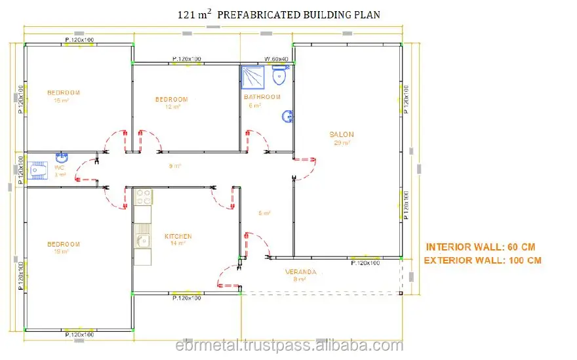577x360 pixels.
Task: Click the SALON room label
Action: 342,134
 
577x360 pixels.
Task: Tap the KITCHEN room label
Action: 178,236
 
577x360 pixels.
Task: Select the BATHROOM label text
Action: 262,97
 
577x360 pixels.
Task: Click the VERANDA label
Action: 300,271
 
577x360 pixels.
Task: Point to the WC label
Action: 59,167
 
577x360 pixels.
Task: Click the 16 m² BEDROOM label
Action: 64,92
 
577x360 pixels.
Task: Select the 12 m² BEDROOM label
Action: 171,100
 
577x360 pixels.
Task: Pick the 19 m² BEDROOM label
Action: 64,245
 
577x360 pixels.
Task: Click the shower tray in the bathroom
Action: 252,77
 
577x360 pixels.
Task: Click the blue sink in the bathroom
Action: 287,117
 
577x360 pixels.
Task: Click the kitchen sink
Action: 143,241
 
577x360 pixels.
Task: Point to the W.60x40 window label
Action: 277,59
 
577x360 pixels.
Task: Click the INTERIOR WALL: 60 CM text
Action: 481,247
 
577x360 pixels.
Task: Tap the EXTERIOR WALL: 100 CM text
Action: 483,260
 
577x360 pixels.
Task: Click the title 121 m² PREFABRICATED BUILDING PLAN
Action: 279,14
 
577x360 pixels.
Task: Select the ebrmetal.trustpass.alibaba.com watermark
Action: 288,346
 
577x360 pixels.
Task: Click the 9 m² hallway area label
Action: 174,166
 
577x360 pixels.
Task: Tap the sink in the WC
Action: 61,157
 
